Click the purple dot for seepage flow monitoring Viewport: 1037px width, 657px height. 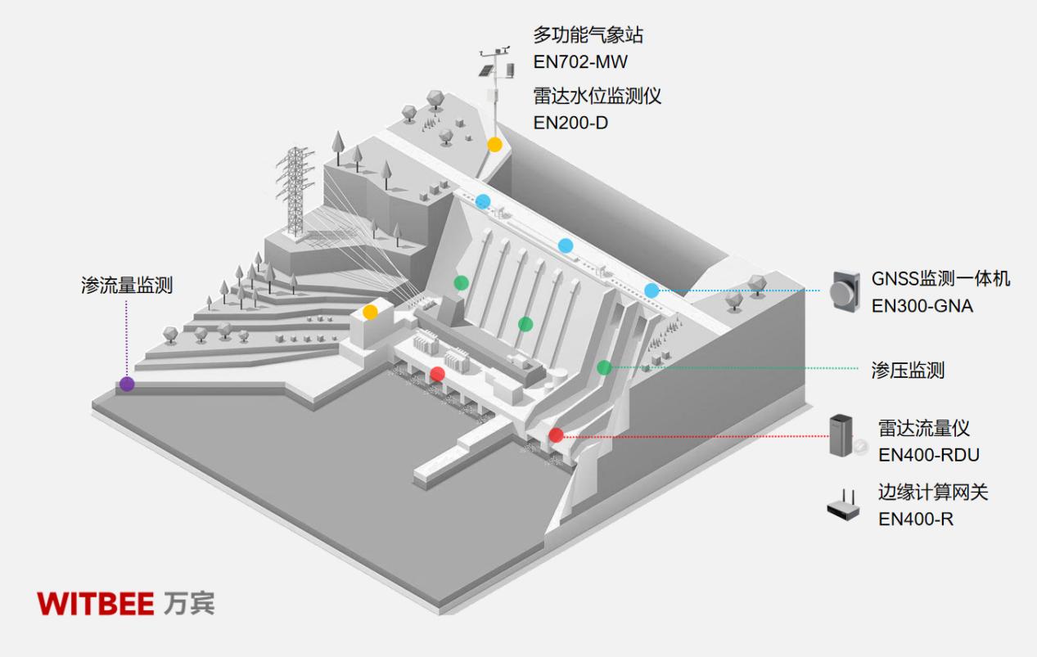click(127, 384)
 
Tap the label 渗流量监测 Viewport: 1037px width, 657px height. click(127, 285)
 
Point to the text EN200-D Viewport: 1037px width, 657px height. click(570, 123)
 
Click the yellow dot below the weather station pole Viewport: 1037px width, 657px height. click(494, 145)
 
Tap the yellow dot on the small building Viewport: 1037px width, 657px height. click(370, 312)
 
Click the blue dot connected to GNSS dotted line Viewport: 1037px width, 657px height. click(652, 290)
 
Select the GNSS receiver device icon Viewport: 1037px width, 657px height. click(845, 290)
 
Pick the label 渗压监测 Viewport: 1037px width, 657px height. click(908, 370)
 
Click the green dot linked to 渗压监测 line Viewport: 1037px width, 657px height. click(604, 367)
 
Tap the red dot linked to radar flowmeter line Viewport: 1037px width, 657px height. click(556, 435)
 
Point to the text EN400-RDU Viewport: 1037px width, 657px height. click(928, 455)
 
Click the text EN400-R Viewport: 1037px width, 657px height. click(916, 519)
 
